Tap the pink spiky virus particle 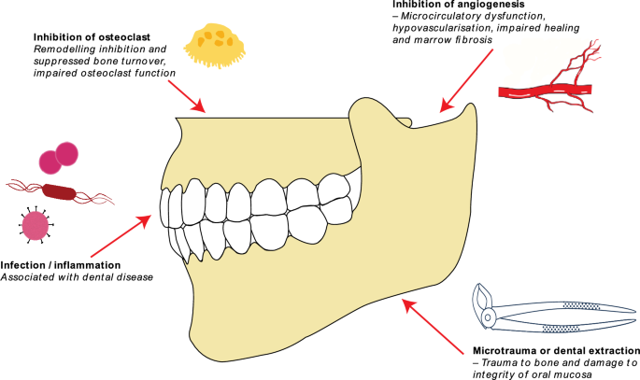click(x=36, y=226)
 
